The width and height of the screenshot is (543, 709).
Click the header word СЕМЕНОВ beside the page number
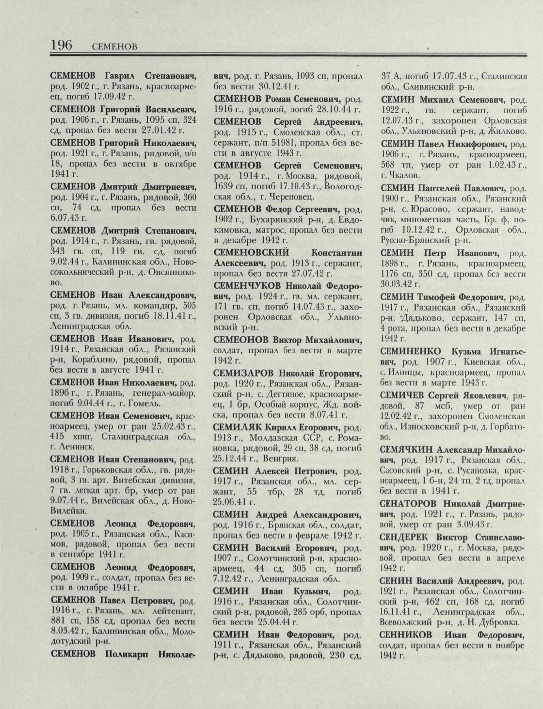point(114,47)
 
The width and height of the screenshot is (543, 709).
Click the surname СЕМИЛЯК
point(236,427)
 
